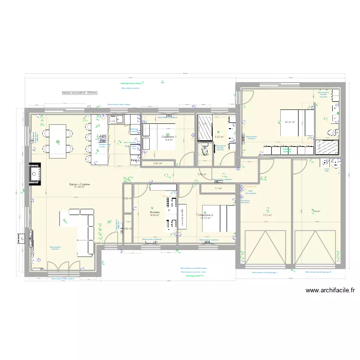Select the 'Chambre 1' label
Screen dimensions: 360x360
click(x=169, y=137)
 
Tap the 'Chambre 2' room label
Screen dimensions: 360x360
click(x=205, y=215)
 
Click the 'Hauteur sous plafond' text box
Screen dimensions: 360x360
click(x=80, y=93)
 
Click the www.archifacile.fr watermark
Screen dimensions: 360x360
click(x=329, y=290)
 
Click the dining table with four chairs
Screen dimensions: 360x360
click(x=58, y=141)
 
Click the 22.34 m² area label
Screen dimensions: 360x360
click(x=289, y=122)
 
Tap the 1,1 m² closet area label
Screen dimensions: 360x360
click(x=218, y=189)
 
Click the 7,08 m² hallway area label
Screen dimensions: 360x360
click(x=202, y=175)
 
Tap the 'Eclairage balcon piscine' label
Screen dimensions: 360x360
click(x=132, y=83)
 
